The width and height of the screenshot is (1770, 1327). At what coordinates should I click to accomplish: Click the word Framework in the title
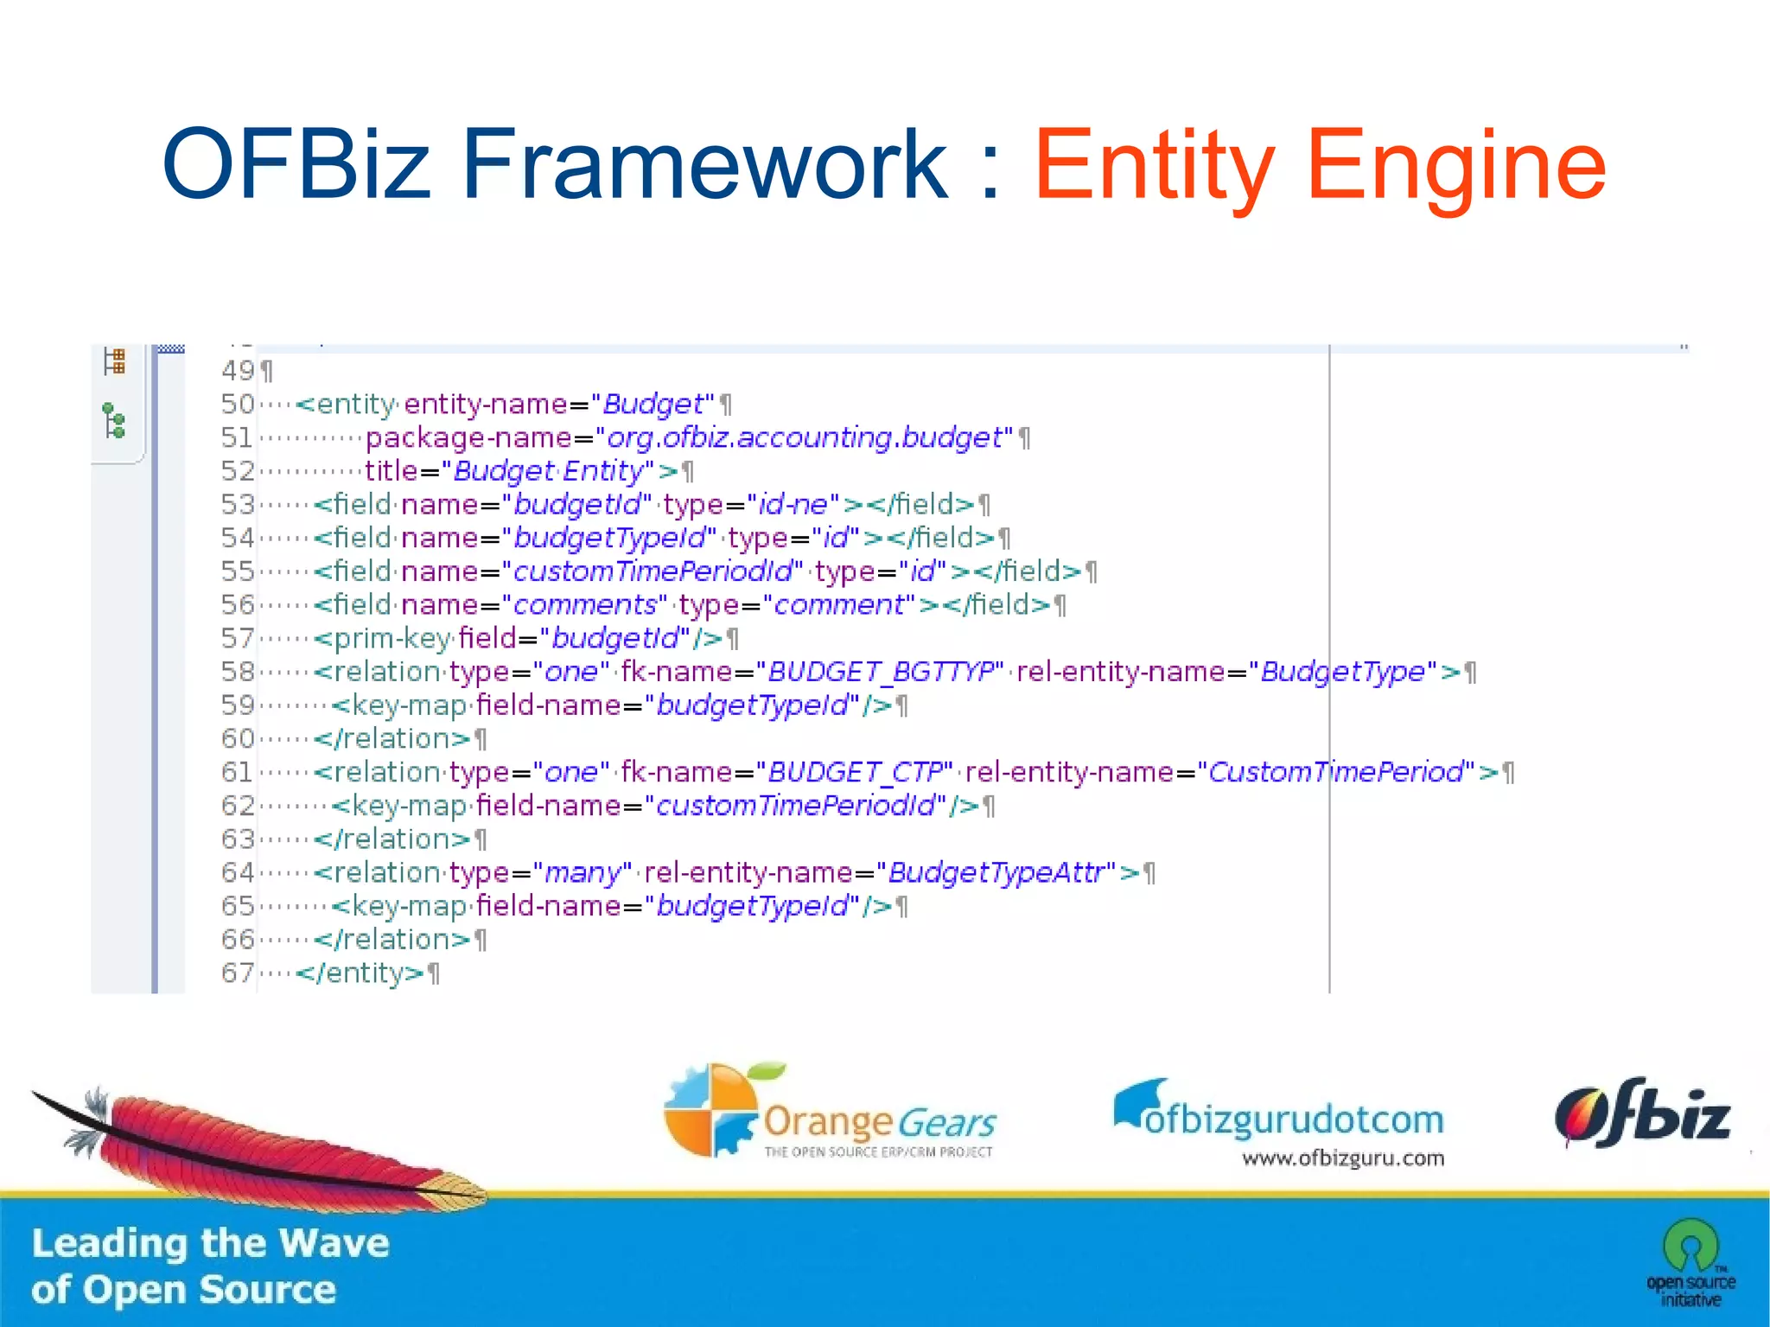(x=704, y=164)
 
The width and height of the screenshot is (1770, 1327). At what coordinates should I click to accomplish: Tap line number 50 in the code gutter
(x=237, y=404)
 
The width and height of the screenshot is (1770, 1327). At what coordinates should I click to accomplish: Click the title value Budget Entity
(x=548, y=471)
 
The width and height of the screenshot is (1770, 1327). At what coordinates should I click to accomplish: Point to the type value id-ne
(x=793, y=504)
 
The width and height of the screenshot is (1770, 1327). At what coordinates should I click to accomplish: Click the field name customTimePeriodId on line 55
(x=653, y=571)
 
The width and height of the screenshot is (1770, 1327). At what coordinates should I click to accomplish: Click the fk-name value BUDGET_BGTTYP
(x=880, y=672)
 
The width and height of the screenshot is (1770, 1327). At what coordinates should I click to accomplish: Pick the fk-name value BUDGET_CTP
(x=854, y=772)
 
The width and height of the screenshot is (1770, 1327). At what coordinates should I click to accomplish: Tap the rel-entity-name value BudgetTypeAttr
(x=996, y=872)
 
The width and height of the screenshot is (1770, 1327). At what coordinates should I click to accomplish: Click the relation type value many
(x=582, y=873)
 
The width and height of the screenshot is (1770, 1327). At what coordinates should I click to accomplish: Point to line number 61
(x=237, y=772)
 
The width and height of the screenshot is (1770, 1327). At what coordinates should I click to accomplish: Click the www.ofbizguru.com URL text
(x=1343, y=1158)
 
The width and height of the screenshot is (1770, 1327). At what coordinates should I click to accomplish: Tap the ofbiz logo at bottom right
(x=1642, y=1115)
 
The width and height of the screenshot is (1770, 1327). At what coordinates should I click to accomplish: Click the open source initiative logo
(x=1690, y=1262)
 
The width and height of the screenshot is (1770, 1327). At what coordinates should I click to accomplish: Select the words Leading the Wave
(x=210, y=1243)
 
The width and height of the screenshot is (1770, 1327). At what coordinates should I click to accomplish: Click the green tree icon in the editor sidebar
(x=114, y=421)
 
